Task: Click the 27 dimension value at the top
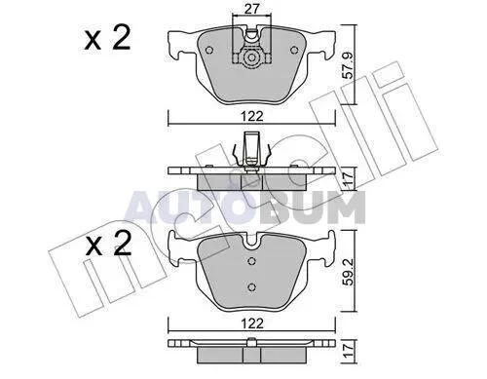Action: pos(252,9)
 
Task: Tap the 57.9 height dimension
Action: pos(348,66)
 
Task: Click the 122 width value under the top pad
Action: pos(252,116)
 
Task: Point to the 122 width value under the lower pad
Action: pos(252,323)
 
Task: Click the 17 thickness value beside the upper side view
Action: pos(348,178)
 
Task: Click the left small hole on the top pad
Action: pos(209,50)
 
